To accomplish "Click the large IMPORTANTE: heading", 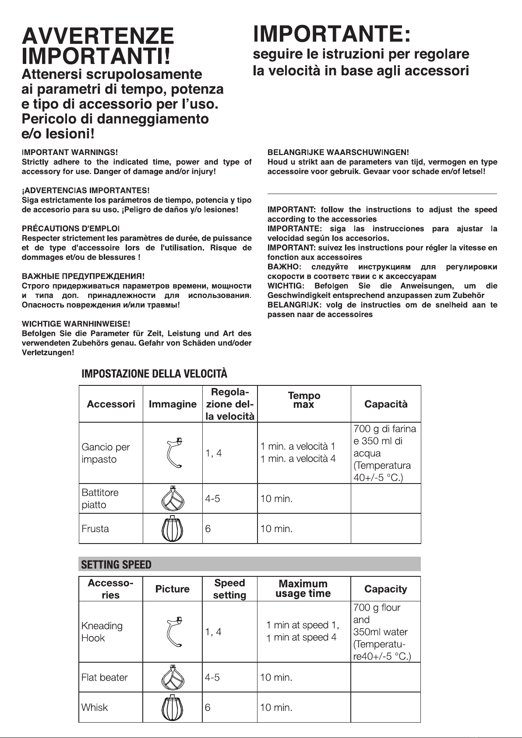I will pos(332,34).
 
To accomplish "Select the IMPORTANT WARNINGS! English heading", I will pos(70,152).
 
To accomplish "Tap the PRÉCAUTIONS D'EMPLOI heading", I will pos(71,229).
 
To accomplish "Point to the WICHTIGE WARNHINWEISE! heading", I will pos(76,324).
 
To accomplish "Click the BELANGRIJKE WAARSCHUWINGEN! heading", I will pos(338,152).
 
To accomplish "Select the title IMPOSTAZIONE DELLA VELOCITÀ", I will pos(155,374).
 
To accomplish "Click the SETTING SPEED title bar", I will pos(250,565).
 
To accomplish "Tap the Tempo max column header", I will pos(304,400).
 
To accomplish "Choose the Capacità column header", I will pos(386,404).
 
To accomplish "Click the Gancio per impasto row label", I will pos(106,453).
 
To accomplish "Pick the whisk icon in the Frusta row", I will pos(173,529).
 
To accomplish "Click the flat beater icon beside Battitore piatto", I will pos(173,498).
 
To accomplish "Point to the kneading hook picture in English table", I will pos(173,632).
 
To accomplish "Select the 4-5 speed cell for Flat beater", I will pos(212,678).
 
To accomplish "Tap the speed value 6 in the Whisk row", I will pos(208,707).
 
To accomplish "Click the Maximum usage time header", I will pos(303,589).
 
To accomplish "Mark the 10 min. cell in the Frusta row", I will pos(276,529).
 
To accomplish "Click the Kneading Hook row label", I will pos(102,632).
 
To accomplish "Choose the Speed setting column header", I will pos(229,589).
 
